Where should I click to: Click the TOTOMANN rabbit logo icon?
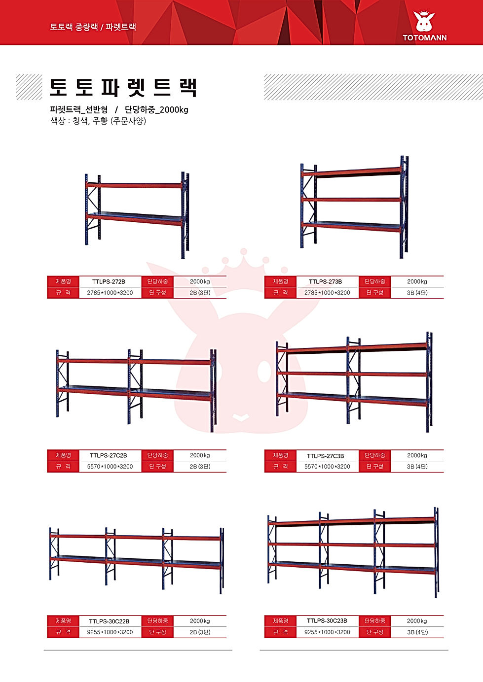pos(424,21)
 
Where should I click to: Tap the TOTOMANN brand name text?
pos(424,38)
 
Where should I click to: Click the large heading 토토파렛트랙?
pos(123,87)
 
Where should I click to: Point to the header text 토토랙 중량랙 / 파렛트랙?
pos(93,27)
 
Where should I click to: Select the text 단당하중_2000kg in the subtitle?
pos(156,109)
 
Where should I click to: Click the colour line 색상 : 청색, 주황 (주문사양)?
pos(98,121)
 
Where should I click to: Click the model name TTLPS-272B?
pos(109,282)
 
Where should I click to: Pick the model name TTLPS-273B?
pos(326,282)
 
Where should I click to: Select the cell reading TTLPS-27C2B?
pos(109,455)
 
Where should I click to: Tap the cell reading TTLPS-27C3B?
pos(326,456)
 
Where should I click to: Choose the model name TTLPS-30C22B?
pos(109,621)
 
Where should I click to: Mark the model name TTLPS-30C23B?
pos(327,621)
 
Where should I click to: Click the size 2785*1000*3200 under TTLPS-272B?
pos(110,293)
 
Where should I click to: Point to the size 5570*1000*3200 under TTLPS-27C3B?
pos(327,467)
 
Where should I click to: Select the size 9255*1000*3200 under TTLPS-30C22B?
pos(110,632)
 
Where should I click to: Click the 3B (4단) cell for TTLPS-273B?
pos(417,293)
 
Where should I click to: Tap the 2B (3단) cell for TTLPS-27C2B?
pos(200,467)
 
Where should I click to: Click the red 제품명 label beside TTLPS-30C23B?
pos(281,621)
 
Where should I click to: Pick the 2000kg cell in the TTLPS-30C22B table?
pos(200,621)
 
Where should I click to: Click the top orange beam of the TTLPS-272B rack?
pos(135,185)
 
